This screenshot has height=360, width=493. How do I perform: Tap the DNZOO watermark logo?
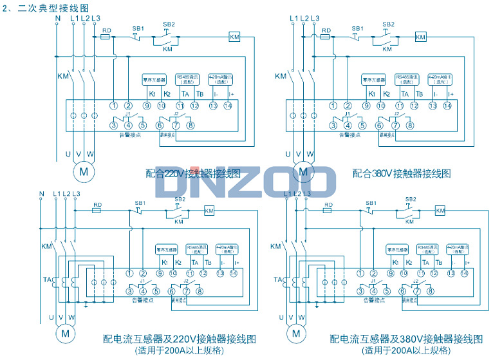point(247,182)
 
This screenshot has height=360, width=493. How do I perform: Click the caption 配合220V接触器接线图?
point(193,173)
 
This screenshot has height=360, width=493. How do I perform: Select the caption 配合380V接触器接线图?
point(402,173)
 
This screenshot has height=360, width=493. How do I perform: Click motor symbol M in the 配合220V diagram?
point(82,171)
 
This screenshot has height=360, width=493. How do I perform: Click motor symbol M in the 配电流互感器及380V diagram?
point(296,333)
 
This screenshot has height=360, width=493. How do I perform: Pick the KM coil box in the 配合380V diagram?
point(420,37)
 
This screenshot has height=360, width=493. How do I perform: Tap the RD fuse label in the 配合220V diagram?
point(107,30)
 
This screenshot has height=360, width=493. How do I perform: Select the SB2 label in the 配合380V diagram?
point(388,24)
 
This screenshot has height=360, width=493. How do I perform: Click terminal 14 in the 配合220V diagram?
point(227,106)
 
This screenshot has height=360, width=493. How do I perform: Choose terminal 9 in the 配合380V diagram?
point(366,106)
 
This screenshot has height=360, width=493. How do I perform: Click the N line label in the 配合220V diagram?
point(58,18)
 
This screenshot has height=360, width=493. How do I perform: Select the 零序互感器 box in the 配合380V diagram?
point(373,79)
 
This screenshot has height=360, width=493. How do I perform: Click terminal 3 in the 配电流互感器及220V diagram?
point(130,291)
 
